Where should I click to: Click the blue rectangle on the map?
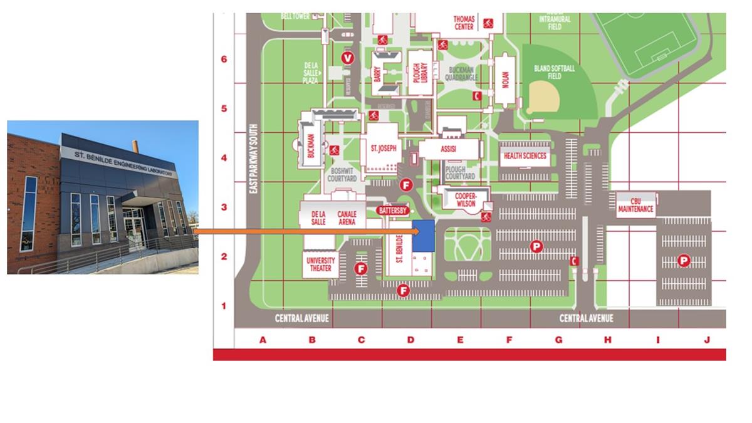tap(423, 236)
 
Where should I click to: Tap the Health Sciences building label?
tap(525, 156)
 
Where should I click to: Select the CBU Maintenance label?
tap(635, 205)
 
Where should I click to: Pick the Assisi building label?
tap(449, 150)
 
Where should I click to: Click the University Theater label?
tap(320, 264)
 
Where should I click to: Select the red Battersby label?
tap(394, 211)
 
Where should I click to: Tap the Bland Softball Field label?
tap(554, 71)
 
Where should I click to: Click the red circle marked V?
tap(348, 58)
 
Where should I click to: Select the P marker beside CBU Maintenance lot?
tap(684, 261)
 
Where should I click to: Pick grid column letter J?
tap(707, 340)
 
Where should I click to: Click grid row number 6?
tap(224, 60)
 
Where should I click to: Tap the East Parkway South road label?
tap(254, 159)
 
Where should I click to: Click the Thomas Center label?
tap(464, 23)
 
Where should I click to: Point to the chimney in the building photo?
tap(135, 146)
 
